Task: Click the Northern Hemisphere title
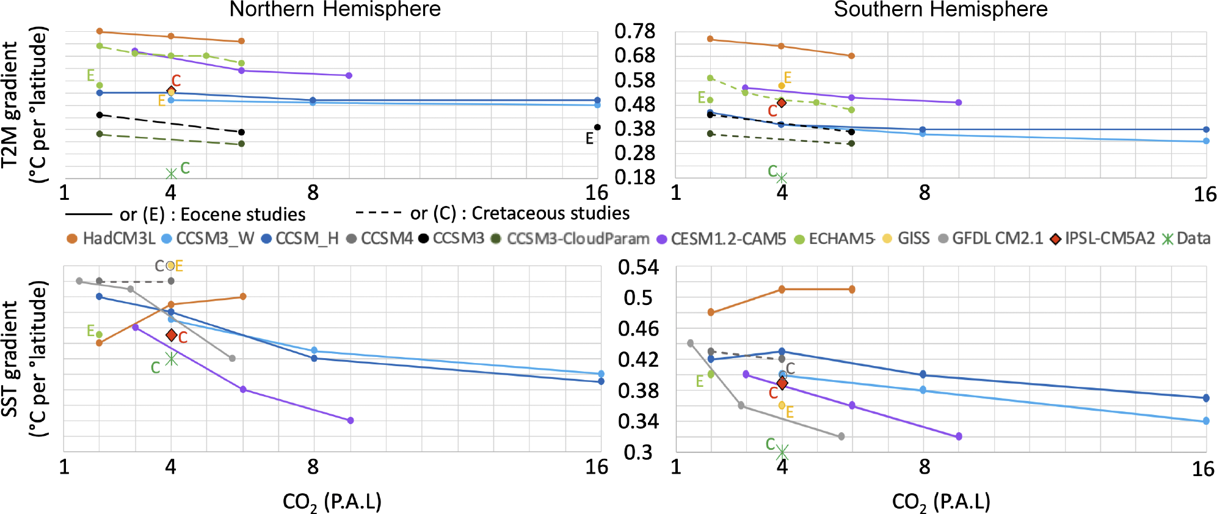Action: coord(335,10)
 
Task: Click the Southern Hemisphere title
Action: coord(940,10)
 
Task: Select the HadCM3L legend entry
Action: coord(111,238)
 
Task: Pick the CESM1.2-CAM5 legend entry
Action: coord(721,238)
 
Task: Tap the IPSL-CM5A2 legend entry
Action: coord(1102,238)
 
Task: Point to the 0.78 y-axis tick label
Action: coord(635,31)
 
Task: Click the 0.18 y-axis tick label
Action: coord(635,177)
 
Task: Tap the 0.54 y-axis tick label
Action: coord(638,267)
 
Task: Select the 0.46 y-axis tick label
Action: coord(638,329)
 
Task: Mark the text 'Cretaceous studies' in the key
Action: coord(550,213)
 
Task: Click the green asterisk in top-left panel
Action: coord(172,174)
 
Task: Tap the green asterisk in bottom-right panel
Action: coord(782,452)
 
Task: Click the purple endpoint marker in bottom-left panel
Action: coord(351,420)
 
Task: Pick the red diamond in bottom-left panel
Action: coord(172,335)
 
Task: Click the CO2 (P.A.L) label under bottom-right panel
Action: coord(940,502)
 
